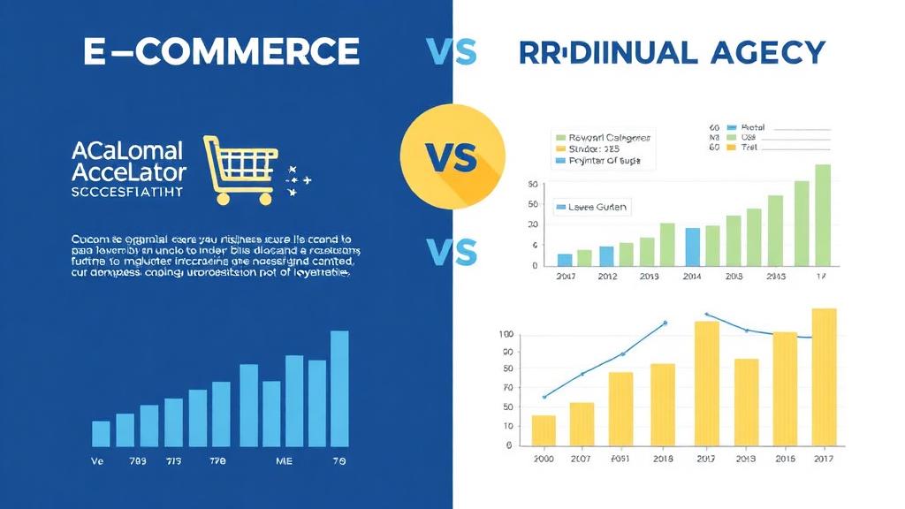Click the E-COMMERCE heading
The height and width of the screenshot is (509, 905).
(222, 52)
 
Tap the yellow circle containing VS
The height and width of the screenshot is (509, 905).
(452, 157)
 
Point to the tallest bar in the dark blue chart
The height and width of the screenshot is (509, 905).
(339, 389)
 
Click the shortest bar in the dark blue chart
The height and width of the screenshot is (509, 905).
(102, 433)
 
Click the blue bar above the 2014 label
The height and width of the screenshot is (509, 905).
(693, 247)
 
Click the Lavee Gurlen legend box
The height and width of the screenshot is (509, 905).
(591, 208)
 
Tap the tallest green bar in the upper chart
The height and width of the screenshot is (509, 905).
(822, 215)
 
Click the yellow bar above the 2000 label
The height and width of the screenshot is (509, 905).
(544, 429)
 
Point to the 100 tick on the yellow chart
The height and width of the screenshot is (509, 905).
(506, 333)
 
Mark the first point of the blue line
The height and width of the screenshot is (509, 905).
(544, 396)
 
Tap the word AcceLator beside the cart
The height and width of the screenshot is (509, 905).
(129, 171)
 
